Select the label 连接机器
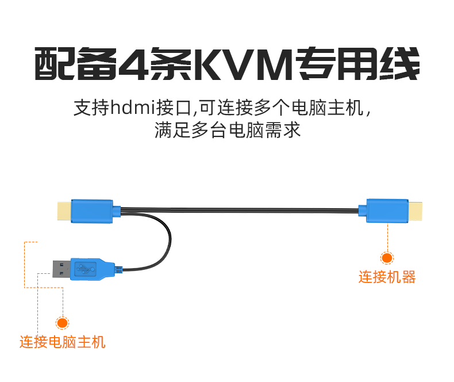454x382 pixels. coord(387,277)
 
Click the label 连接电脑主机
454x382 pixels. coord(63,342)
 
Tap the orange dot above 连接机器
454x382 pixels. coord(387,258)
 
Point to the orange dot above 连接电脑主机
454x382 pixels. coord(62,323)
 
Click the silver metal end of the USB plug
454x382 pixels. coord(60,268)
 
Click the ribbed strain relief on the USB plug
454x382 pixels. coord(118,269)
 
